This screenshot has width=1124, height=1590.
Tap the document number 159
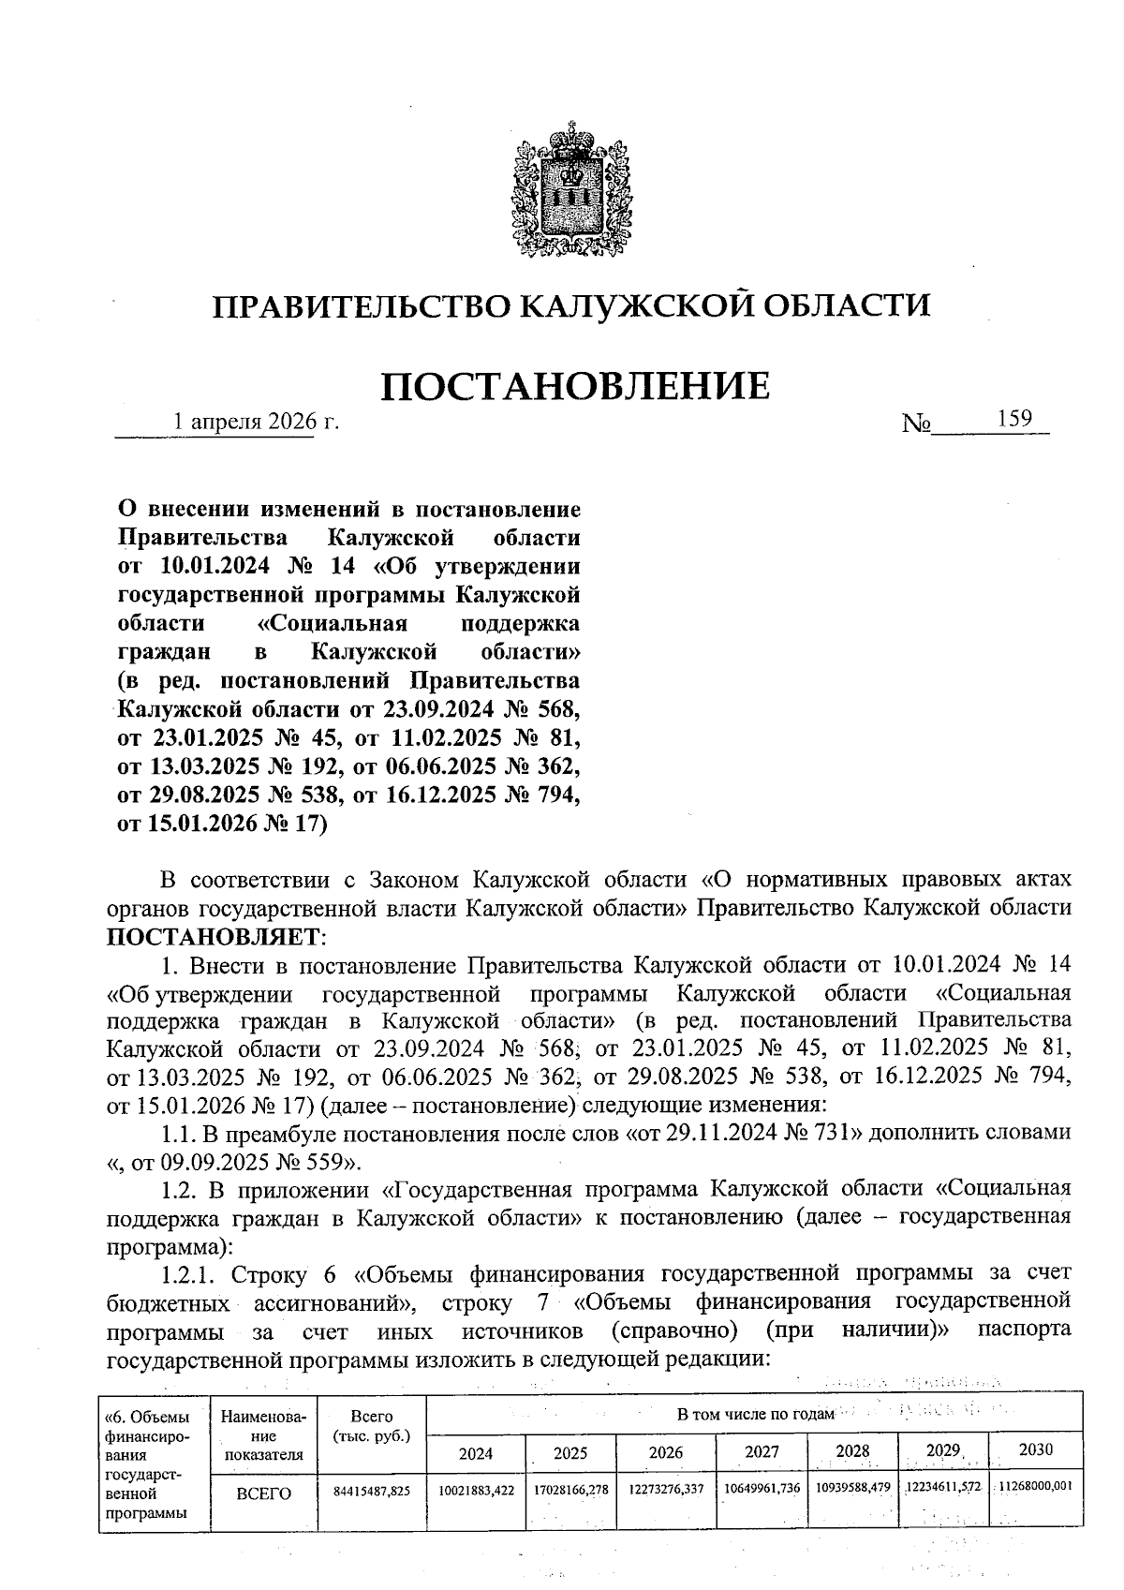click(1013, 419)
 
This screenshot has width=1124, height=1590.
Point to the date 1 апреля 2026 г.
click(257, 423)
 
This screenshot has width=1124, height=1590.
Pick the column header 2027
click(762, 1451)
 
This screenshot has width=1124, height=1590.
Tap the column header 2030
click(1035, 1449)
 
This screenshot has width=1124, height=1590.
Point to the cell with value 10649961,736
click(762, 1488)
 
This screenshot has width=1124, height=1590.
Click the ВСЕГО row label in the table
click(263, 1493)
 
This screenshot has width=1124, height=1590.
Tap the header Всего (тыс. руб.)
click(372, 1425)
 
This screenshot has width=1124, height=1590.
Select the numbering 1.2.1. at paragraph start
click(191, 1274)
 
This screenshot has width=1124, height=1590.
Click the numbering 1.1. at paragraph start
click(178, 1133)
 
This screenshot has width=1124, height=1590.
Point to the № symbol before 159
click(916, 424)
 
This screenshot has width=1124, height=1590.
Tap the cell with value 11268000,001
click(1035, 1486)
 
